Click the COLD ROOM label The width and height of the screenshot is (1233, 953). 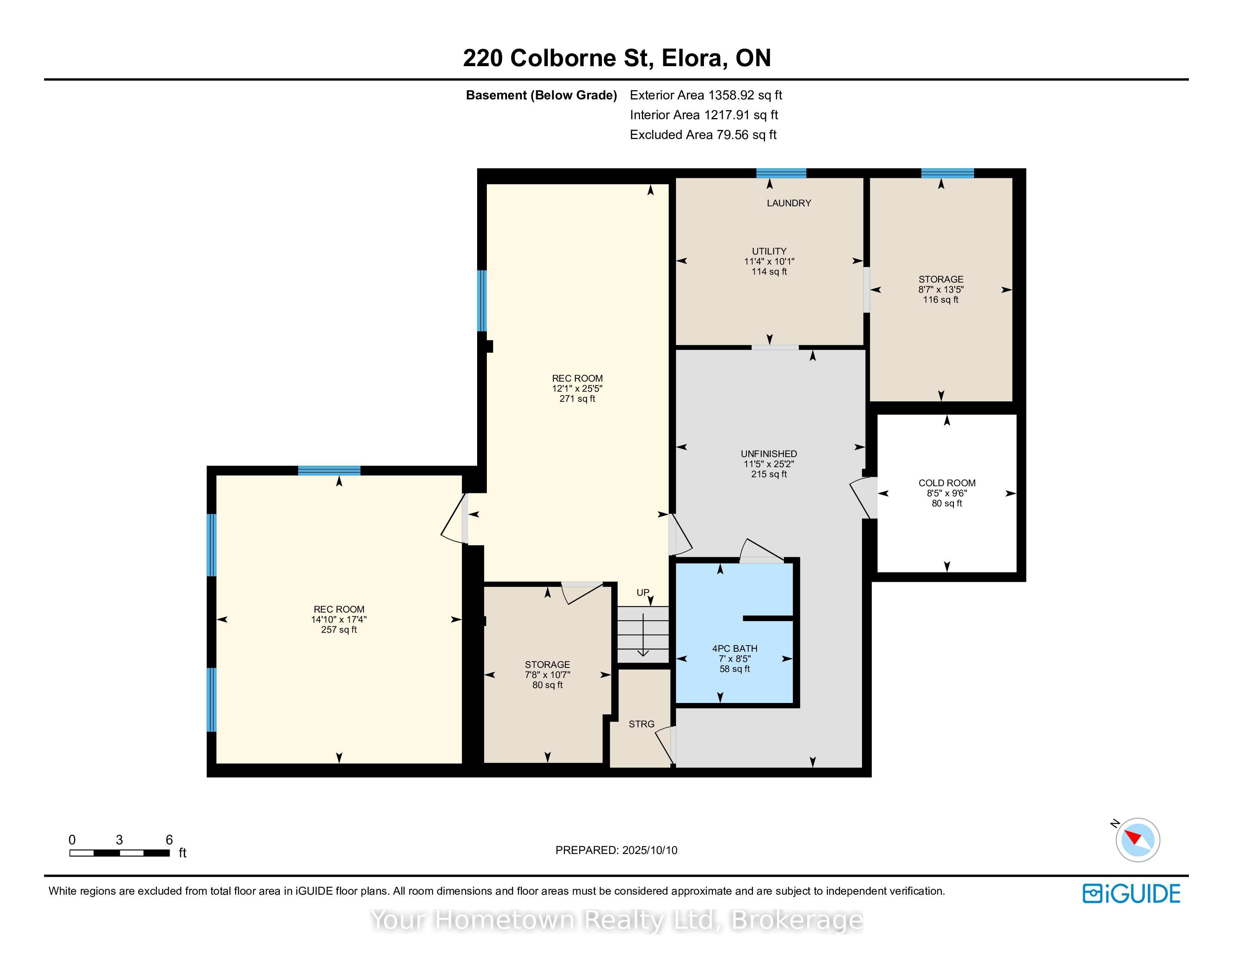coord(947,483)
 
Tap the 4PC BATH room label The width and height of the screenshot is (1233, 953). coord(735,649)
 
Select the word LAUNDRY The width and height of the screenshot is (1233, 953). coord(789,203)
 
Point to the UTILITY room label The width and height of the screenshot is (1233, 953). coord(769,251)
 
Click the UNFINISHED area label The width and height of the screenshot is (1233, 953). coord(769,454)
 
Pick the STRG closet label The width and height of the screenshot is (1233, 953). coord(641,724)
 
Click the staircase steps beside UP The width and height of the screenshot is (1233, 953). coord(643,635)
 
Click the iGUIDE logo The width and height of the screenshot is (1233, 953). coord(1131,893)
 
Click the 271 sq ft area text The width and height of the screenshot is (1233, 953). coord(577,399)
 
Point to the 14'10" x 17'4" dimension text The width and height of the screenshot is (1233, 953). coord(339,619)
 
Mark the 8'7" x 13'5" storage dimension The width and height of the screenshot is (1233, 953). coord(940,290)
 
